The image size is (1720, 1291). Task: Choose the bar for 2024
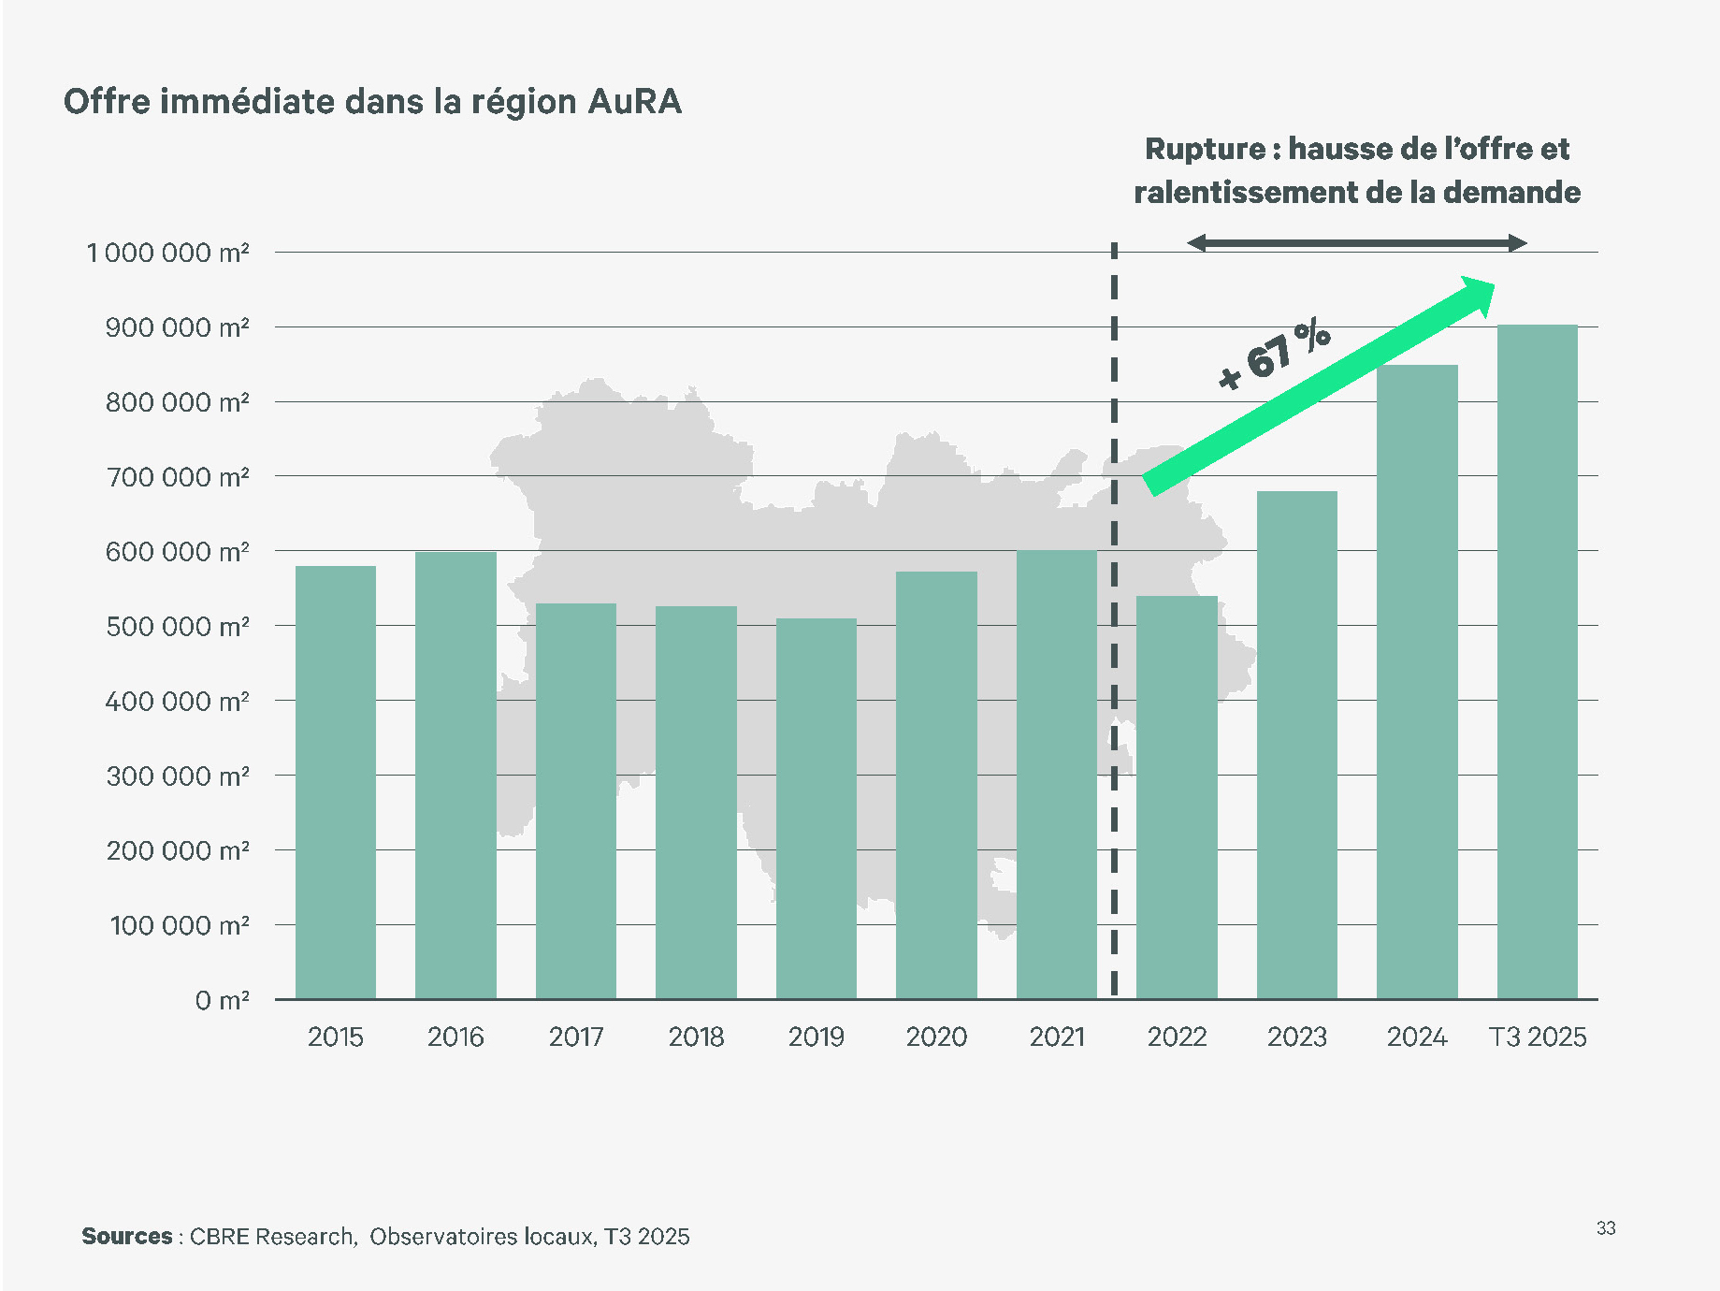pos(1417,682)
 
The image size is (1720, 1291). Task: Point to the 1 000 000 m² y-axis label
pos(167,253)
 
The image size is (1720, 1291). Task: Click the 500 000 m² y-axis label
pos(177,626)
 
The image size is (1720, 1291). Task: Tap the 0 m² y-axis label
pos(222,1000)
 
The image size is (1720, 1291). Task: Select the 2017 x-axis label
pos(575,1037)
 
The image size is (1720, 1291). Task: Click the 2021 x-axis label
pos(1057,1037)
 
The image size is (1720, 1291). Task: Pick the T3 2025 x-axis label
pos(1537,1037)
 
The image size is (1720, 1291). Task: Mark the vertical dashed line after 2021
pos(1114,655)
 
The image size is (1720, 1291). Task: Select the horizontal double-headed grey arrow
pos(1356,243)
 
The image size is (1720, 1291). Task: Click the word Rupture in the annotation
pos(1205,149)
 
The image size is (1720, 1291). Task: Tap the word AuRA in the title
pos(635,101)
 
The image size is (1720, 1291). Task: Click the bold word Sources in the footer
pos(126,1236)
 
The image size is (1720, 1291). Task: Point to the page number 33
pos(1605,1228)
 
